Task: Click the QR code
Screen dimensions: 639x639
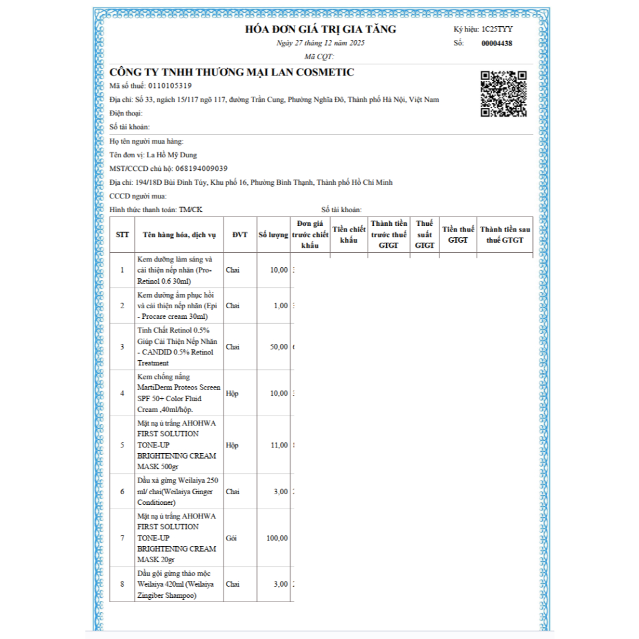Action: click(x=503, y=94)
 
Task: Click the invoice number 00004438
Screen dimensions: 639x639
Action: click(x=497, y=44)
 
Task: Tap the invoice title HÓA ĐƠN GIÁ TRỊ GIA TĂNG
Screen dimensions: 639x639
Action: click(x=320, y=29)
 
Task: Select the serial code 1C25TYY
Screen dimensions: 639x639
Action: click(x=497, y=29)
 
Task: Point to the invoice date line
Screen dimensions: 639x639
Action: click(x=320, y=43)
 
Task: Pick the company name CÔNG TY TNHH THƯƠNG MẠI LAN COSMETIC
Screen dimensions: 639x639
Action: click(x=232, y=72)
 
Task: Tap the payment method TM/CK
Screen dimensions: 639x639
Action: click(x=190, y=210)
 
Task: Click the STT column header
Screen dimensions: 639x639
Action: click(x=122, y=235)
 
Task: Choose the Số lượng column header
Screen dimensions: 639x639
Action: click(x=273, y=235)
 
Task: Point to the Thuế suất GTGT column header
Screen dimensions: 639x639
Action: click(x=424, y=235)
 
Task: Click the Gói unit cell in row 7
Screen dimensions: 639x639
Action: click(x=231, y=538)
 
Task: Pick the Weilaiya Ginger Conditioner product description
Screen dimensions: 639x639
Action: click(x=178, y=491)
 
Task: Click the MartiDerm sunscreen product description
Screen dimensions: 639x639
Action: click(x=178, y=393)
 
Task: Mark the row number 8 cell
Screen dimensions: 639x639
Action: click(x=122, y=584)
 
